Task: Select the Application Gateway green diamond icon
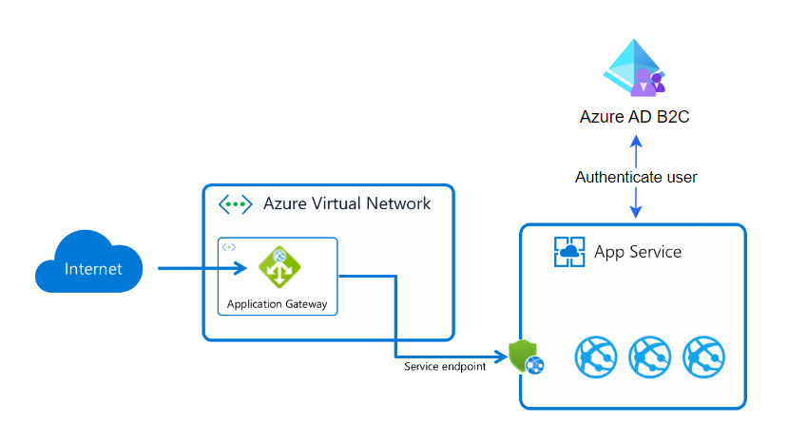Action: pyautogui.click(x=279, y=268)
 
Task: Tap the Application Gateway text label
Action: pyautogui.click(x=277, y=305)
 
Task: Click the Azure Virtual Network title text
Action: pyautogui.click(x=346, y=203)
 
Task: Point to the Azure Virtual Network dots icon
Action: pyautogui.click(x=235, y=204)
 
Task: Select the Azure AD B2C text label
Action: pyautogui.click(x=636, y=117)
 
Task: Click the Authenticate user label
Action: pyautogui.click(x=636, y=177)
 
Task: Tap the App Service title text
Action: pyautogui.click(x=638, y=252)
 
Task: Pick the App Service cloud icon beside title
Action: pyautogui.click(x=568, y=252)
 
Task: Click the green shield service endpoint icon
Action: pyautogui.click(x=526, y=356)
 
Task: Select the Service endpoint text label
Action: pyautogui.click(x=445, y=366)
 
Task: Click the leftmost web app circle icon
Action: pyautogui.click(x=596, y=357)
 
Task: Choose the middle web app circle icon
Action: pyautogui.click(x=650, y=357)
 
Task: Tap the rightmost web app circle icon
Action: pyautogui.click(x=704, y=357)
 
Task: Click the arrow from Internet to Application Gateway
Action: pyautogui.click(x=200, y=269)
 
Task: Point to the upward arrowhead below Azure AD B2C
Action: pyautogui.click(x=636, y=140)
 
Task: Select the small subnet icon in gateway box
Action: pyautogui.click(x=229, y=247)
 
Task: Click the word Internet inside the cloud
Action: pyautogui.click(x=93, y=269)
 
